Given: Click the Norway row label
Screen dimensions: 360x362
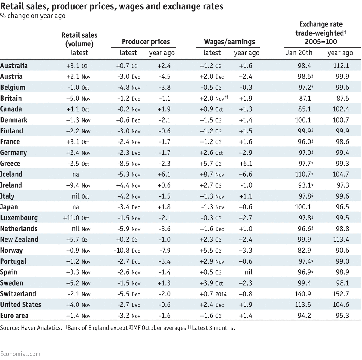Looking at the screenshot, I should coord(11,251).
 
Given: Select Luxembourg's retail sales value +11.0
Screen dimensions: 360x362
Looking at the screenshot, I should coord(71,218).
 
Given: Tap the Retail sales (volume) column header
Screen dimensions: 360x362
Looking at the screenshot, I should coord(79,40).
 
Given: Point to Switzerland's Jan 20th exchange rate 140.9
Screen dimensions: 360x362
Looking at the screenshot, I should coord(303,294).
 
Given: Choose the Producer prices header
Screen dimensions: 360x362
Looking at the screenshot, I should coord(146,42).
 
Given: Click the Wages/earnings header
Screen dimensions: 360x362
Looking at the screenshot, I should coord(229,42).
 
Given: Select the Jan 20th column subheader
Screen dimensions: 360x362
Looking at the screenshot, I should coord(299,53).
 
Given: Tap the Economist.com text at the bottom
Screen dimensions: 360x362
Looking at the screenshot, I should coord(20,354).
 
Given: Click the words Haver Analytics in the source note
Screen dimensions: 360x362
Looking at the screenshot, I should coord(41,328).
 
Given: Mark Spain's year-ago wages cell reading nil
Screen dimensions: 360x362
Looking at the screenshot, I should coord(249,272).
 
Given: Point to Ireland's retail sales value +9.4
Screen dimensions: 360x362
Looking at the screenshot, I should coord(73,185).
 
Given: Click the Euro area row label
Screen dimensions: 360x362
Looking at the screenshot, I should coord(14,316).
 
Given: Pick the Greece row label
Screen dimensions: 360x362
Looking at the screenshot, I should coord(10,164).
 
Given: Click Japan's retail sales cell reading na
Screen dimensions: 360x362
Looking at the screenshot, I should coord(75,207).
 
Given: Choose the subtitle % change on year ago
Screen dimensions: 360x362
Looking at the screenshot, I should coord(33,16).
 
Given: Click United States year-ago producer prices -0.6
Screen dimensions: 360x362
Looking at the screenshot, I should coord(165,305).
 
